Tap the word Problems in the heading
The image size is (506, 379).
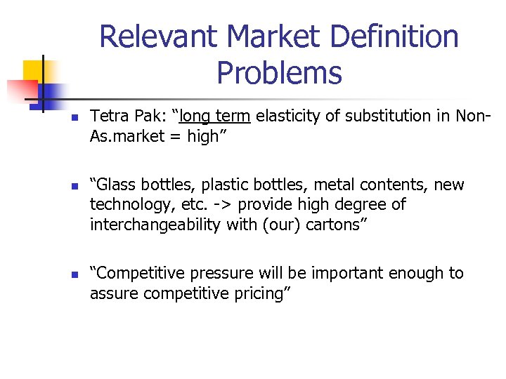(279, 72)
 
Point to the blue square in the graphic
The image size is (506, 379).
(51, 91)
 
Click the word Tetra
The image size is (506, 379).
(108, 116)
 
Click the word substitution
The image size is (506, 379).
(384, 116)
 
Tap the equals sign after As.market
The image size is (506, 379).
(175, 136)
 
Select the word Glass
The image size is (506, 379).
(118, 185)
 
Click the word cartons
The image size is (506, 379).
(333, 225)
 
